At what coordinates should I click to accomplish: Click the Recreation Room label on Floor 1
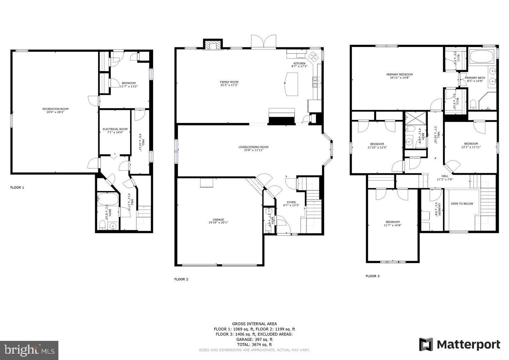tap(55, 109)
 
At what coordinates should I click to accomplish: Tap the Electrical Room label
tap(115, 129)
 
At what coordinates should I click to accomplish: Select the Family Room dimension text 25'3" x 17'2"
tap(229, 85)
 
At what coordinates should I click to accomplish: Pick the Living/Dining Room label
tap(253, 147)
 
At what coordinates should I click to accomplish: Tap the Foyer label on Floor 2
tap(291, 202)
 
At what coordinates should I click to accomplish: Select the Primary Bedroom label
tap(399, 75)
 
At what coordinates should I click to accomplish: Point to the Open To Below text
tap(462, 204)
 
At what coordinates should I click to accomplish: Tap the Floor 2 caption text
tap(181, 279)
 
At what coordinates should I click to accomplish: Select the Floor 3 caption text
tap(373, 276)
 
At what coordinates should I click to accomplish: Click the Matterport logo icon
tap(426, 344)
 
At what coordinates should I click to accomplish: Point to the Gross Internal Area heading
tap(254, 324)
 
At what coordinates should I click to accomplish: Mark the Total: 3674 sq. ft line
tap(254, 344)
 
